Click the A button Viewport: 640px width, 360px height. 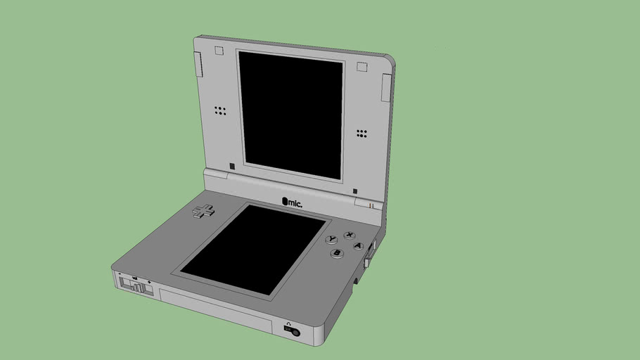[358, 246]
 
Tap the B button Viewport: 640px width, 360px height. [338, 253]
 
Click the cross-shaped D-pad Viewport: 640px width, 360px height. [204, 210]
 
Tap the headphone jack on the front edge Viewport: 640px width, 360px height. [294, 332]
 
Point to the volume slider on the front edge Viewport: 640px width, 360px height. [136, 286]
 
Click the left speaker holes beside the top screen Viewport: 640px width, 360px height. [220, 111]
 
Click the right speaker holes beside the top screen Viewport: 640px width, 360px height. [362, 133]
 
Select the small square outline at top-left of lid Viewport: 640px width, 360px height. [218, 51]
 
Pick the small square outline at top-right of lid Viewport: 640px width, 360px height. [362, 67]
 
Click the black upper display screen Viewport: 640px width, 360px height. [290, 112]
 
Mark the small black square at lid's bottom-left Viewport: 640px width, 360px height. [231, 167]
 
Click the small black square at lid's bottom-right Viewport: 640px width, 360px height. [354, 191]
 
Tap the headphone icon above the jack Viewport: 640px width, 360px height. [288, 323]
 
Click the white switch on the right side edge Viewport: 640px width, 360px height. [367, 264]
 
